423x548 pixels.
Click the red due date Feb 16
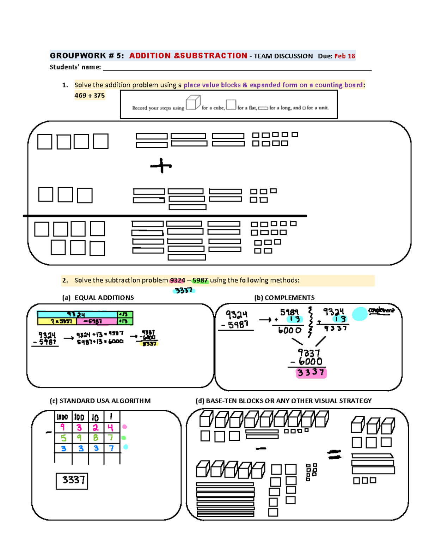pos(344,56)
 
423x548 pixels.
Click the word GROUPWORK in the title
pos(78,56)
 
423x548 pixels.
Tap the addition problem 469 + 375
pos(90,95)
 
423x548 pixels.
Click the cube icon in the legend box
pos(193,102)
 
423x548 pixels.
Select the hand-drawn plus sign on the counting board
pos(161,165)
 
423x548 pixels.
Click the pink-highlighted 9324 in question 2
pos(177,281)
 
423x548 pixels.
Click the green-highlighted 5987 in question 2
pos(200,281)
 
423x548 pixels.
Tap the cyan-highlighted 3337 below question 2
pos(184,290)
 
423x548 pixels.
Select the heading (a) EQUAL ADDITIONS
pos(98,298)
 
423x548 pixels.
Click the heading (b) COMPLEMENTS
pos(284,298)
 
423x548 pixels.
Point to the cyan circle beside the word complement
pos(360,314)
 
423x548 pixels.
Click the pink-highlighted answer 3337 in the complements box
pos(311,373)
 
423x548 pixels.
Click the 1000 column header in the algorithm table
pos(62,417)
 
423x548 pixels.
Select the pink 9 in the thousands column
pos(62,427)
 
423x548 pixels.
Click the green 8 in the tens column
pos(96,438)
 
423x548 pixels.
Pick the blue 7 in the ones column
pos(111,448)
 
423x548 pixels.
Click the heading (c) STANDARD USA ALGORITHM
pos(100,401)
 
